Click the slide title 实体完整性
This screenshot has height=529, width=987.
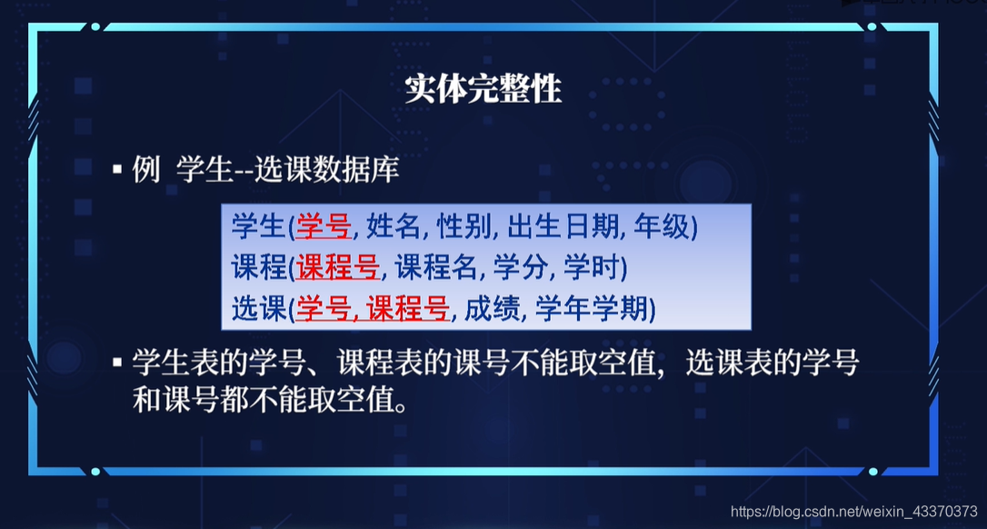pos(483,89)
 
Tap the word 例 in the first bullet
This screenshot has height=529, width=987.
pos(146,170)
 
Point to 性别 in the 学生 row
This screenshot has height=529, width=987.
pos(463,226)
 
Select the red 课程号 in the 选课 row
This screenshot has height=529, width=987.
pos(407,310)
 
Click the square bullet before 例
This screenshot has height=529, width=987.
pos(117,171)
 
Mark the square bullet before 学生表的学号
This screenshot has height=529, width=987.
pos(117,364)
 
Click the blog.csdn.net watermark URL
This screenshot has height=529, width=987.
pos(853,512)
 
